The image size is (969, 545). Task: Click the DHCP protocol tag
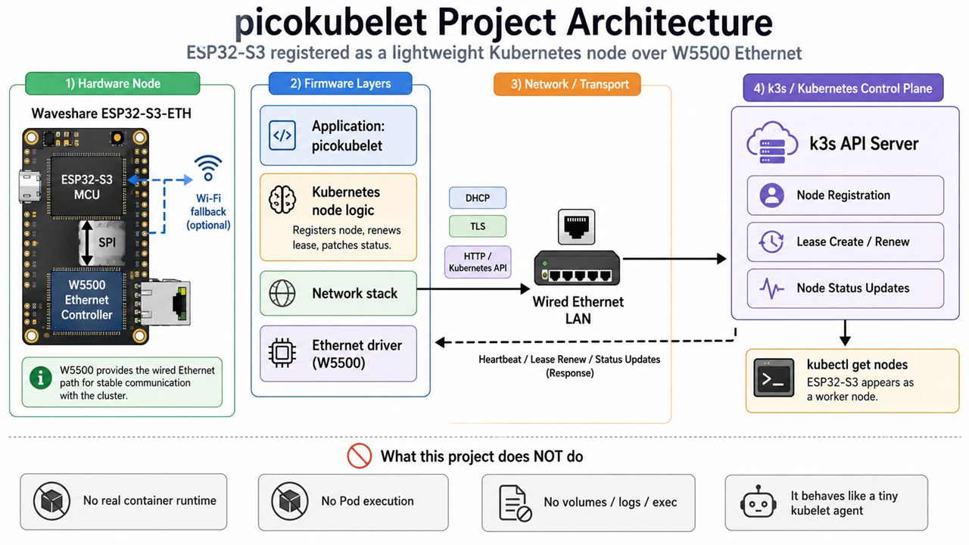[x=478, y=198]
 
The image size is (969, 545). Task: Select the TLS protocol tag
[x=478, y=226]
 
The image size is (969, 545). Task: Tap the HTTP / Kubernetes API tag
[x=478, y=262]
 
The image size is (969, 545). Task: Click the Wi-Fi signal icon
[x=208, y=167]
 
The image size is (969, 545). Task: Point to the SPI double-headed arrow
[x=87, y=243]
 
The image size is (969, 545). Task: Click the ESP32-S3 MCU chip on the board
[x=87, y=186]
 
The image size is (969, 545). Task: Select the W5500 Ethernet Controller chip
[x=86, y=301]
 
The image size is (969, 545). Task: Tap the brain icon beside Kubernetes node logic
[x=282, y=200]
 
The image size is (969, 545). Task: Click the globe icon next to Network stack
[x=282, y=293]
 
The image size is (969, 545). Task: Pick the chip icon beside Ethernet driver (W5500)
[x=282, y=353]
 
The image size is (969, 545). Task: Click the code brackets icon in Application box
[x=282, y=135]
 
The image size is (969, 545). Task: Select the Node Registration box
[x=846, y=195]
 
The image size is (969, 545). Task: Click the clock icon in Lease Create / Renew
[x=771, y=241]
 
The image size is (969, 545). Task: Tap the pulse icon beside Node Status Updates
[x=771, y=288]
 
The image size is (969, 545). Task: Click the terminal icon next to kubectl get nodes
[x=774, y=378]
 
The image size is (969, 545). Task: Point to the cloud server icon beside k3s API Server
[x=772, y=143]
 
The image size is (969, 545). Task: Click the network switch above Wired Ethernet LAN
[x=577, y=268]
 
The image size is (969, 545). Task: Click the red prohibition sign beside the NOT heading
[x=359, y=456]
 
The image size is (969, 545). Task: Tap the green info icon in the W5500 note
[x=41, y=378]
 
